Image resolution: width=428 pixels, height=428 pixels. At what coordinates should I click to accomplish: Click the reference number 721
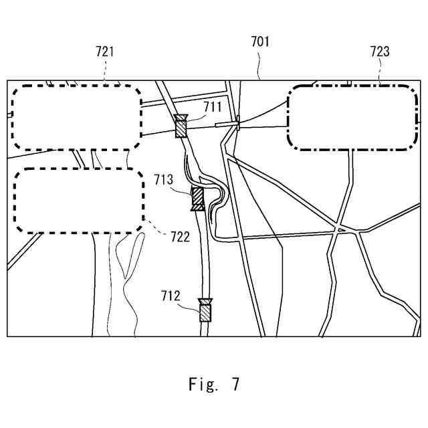105,51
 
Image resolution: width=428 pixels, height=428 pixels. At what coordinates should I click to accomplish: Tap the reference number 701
260,41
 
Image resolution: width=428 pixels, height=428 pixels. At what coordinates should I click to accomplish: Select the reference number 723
379,51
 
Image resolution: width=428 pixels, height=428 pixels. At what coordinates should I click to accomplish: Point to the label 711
213,106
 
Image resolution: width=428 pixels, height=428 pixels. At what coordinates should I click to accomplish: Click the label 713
163,179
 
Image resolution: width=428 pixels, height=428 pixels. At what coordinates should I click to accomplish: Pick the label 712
171,295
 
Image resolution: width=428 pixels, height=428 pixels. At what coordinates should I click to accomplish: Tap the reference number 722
179,237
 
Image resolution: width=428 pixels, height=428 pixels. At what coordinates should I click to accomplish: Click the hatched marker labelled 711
181,126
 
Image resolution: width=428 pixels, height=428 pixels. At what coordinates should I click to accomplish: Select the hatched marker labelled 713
198,199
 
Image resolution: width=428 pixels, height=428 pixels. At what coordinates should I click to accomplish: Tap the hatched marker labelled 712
205,310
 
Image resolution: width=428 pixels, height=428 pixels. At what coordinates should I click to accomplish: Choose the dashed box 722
79,201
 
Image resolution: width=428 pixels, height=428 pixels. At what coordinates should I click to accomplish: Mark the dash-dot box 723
351,118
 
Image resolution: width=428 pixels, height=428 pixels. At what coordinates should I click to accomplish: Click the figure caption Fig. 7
213,385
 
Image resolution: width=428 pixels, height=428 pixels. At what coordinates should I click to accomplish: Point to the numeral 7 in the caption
235,385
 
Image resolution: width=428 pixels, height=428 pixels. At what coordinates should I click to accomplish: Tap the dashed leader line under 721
105,71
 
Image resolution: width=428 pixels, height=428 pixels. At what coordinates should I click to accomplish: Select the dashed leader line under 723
380,71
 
